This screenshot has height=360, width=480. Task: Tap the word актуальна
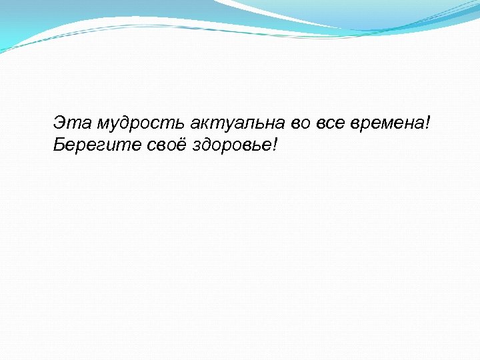click(239, 123)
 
